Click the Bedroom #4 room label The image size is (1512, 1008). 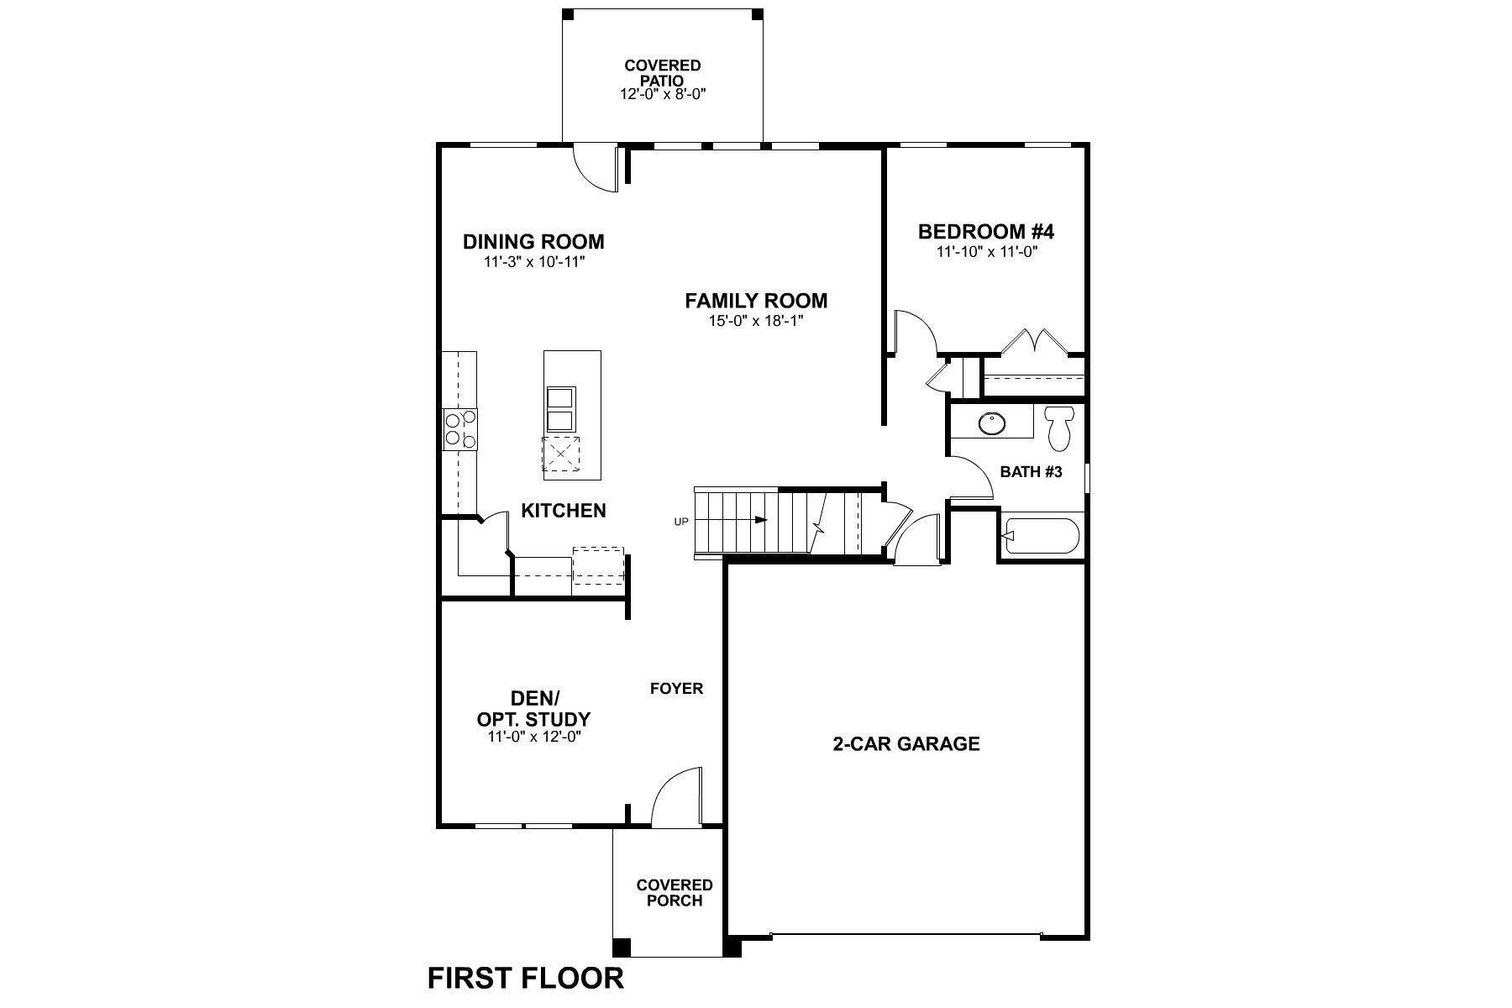986,231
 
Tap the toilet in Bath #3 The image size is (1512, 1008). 1058,427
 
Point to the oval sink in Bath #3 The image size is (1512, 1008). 991,423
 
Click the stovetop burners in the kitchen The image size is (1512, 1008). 459,428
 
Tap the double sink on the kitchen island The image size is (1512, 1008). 560,409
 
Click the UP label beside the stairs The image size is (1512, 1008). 681,522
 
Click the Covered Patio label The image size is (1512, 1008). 663,72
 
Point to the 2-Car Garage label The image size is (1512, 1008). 906,743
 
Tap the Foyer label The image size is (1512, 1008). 676,689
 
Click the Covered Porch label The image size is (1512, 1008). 675,893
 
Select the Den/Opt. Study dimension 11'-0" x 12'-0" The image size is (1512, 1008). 534,737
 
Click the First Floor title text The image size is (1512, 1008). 526,978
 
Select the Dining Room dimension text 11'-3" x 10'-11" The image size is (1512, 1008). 533,261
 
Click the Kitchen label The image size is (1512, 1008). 564,511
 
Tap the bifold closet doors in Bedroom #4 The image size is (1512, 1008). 1032,341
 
